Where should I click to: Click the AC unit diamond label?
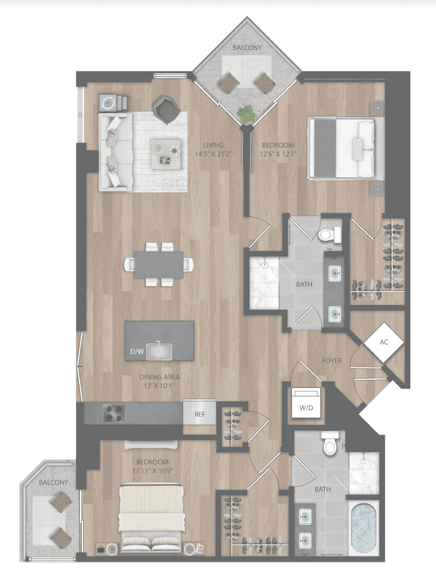(x=384, y=343)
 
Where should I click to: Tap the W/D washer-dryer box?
(x=306, y=403)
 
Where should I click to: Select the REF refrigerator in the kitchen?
(x=200, y=414)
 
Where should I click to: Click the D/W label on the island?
(x=137, y=351)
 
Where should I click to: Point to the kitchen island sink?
(x=159, y=352)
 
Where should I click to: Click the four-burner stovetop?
(x=114, y=413)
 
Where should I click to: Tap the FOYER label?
(x=332, y=361)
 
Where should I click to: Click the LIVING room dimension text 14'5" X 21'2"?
(x=213, y=154)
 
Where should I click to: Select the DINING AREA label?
(x=159, y=377)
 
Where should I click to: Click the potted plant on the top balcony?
(x=246, y=114)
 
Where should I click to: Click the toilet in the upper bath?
(x=330, y=234)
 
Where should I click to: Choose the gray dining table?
(x=159, y=265)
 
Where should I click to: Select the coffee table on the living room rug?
(x=166, y=154)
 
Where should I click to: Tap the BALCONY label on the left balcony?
(x=53, y=483)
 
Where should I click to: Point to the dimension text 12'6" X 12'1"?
(x=278, y=154)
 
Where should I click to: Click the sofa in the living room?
(x=115, y=152)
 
